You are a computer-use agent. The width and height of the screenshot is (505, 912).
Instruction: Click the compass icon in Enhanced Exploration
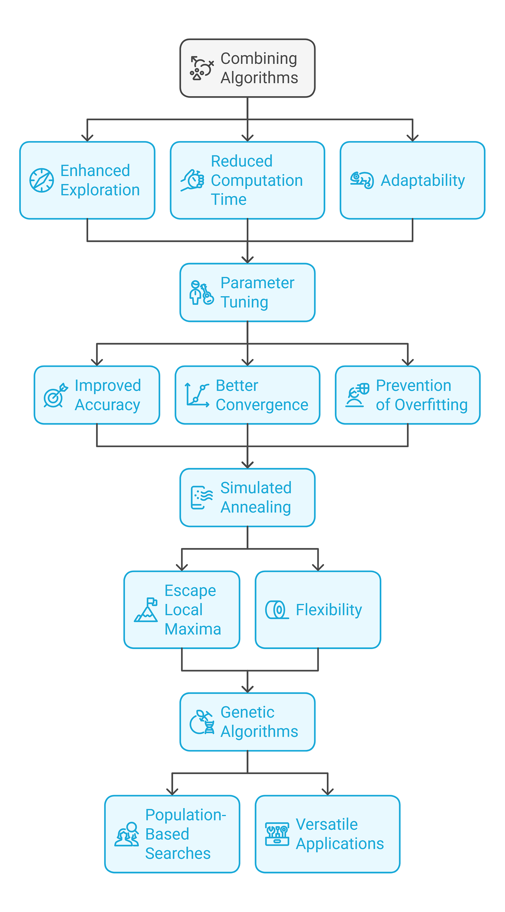(41, 180)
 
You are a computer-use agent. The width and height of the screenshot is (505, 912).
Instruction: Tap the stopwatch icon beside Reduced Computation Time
(193, 180)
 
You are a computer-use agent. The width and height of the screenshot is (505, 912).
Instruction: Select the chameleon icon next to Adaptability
(362, 180)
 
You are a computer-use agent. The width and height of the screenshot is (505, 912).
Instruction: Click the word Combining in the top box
(259, 58)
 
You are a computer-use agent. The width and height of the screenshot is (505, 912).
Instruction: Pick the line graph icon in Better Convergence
(197, 395)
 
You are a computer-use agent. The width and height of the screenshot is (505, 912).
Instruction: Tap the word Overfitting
(431, 405)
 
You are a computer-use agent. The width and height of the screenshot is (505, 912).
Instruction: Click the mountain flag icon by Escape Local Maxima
(146, 610)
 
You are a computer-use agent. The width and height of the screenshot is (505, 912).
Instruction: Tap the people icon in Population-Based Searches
(127, 834)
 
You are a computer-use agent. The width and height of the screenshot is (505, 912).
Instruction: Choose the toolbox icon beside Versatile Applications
(277, 834)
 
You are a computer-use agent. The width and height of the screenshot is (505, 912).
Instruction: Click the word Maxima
(193, 629)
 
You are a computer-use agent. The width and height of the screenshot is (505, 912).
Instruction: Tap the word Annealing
(256, 508)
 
